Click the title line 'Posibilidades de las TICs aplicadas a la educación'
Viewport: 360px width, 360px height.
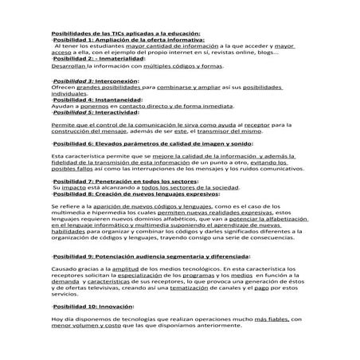(x=127, y=33)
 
